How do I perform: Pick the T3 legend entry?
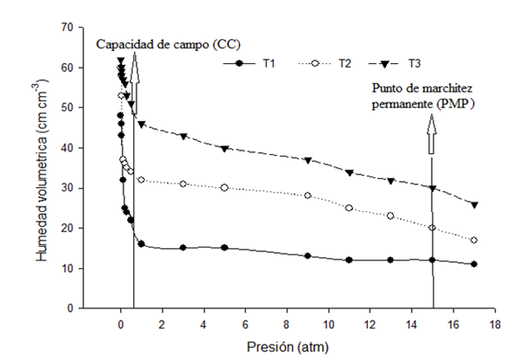(400, 63)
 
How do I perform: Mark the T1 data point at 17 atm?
(474, 264)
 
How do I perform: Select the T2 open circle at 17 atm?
(474, 240)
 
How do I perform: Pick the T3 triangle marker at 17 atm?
(474, 204)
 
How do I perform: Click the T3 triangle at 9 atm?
(307, 160)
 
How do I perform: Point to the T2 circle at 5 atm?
(224, 188)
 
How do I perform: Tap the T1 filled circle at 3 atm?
(183, 247)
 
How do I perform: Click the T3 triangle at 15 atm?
(433, 188)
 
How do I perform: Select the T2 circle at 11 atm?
(349, 208)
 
